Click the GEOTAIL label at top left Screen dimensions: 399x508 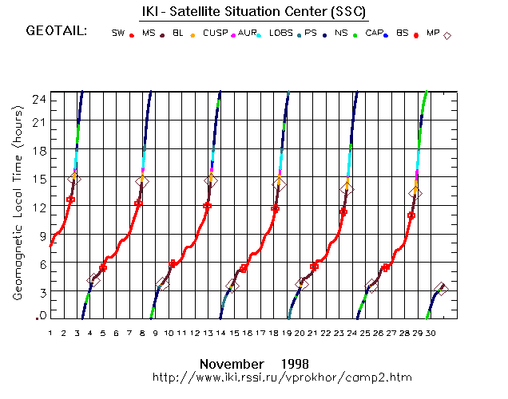[x=57, y=32]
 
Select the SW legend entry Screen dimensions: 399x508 [x=118, y=33]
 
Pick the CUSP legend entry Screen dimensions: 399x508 [x=216, y=33]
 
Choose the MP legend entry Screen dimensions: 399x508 [x=433, y=33]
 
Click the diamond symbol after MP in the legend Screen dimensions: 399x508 [x=447, y=35]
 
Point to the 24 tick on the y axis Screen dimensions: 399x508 [x=38, y=97]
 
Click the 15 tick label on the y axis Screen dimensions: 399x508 [x=38, y=179]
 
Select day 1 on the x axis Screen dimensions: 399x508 [x=50, y=333]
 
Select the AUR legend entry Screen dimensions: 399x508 [x=248, y=33]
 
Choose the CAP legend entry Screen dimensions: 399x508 [x=373, y=33]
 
